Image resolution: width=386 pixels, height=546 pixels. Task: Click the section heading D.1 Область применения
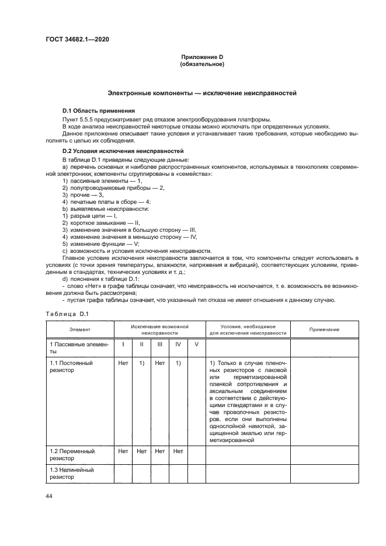98,111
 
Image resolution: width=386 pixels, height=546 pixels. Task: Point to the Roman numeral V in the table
196,344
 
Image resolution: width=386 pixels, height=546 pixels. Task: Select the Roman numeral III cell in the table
159,344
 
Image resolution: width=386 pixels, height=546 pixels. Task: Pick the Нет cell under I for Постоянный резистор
123,363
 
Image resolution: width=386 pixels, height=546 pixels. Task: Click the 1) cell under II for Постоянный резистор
141,363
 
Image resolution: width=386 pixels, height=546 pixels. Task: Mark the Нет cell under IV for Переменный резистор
178,451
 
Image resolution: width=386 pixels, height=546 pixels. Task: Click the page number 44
48,496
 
